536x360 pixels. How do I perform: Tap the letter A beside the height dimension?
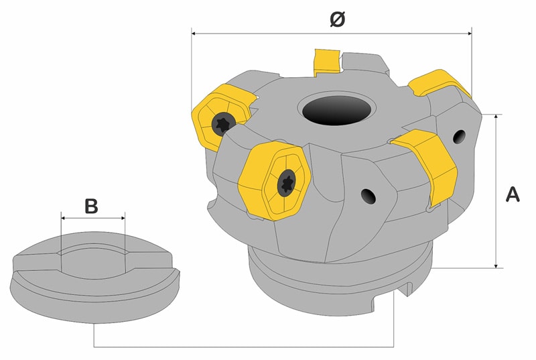point(512,194)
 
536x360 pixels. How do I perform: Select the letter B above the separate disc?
point(91,206)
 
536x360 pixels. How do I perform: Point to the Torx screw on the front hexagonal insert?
point(287,181)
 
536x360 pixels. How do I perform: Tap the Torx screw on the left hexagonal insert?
point(222,123)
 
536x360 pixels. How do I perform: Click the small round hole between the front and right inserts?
point(368,195)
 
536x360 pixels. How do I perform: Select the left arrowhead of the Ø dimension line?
point(194,31)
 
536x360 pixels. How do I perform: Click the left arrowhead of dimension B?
point(63,217)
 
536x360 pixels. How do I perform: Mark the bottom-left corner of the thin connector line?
point(93,346)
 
